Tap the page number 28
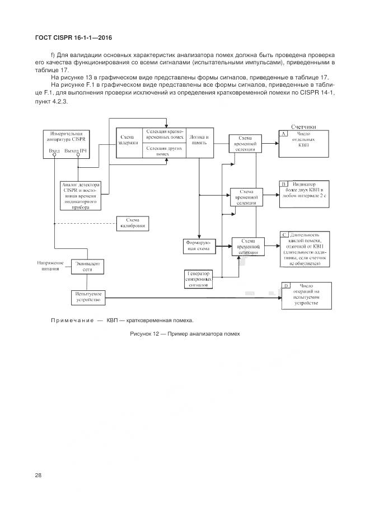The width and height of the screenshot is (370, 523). [x=38, y=475]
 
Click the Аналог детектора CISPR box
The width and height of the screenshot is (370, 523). [x=82, y=195]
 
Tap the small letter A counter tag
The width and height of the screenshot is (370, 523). [x=284, y=134]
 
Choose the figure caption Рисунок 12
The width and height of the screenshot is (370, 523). [x=184, y=333]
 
